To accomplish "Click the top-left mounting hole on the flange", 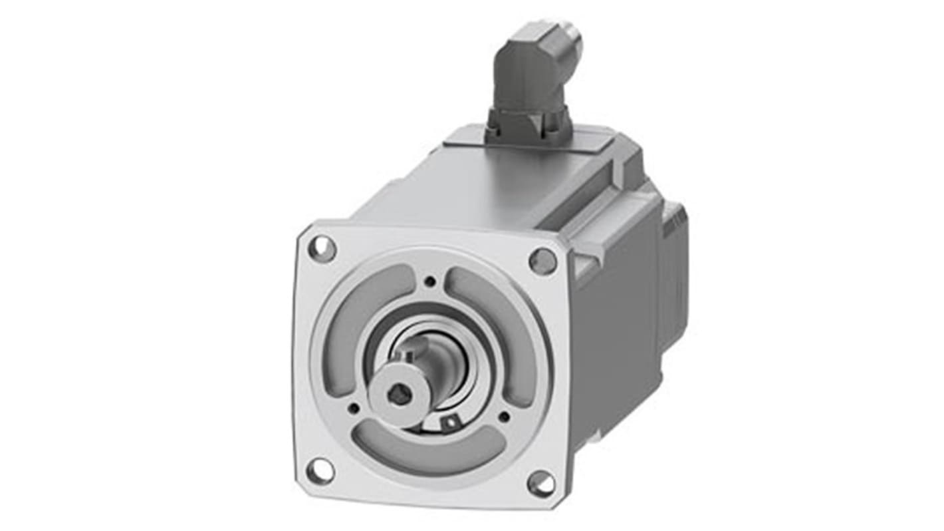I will pyautogui.click(x=322, y=249).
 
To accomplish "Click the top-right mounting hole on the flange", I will pyautogui.click(x=542, y=261).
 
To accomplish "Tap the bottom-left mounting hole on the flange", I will pyautogui.click(x=320, y=471).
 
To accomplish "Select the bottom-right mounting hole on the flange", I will pyautogui.click(x=540, y=484).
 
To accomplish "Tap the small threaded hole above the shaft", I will pyautogui.click(x=430, y=281).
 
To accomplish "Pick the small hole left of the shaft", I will pyautogui.click(x=354, y=408).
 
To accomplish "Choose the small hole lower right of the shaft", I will pyautogui.click(x=504, y=417).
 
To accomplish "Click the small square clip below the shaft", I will pyautogui.click(x=451, y=421).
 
